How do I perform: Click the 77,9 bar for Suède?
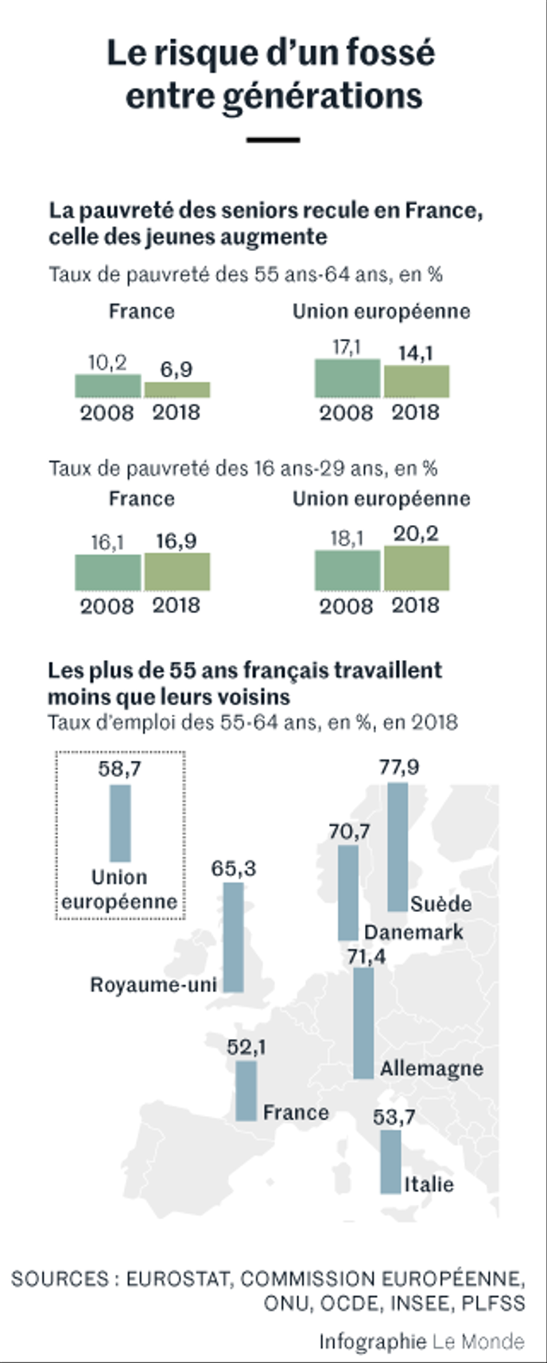coord(398,847)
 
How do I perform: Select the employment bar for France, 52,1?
coord(246,1091)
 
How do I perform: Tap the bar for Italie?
coord(390,1161)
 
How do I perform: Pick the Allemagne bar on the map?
coord(363,1022)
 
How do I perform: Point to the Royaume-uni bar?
coord(233,936)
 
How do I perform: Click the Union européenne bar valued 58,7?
coord(120,823)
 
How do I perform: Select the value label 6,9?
coord(177,369)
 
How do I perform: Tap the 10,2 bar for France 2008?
coord(108,386)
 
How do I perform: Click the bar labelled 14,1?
coord(417,381)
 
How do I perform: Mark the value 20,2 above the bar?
coord(416,534)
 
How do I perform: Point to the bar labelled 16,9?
coord(177,572)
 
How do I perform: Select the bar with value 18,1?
coord(347,570)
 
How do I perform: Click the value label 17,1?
coord(347,348)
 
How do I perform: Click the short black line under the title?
coord(273,140)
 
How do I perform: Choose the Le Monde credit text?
coord(478,1342)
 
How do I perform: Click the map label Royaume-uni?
coord(153,985)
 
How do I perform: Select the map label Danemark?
coord(413,932)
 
